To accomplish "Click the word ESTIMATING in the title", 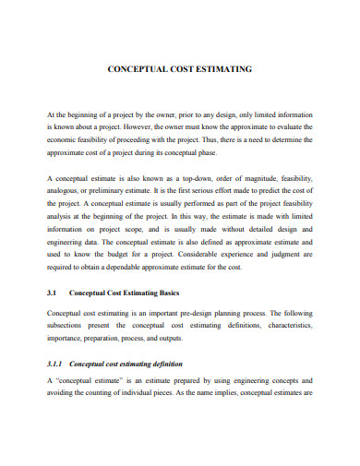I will pyautogui.click(x=222, y=68).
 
